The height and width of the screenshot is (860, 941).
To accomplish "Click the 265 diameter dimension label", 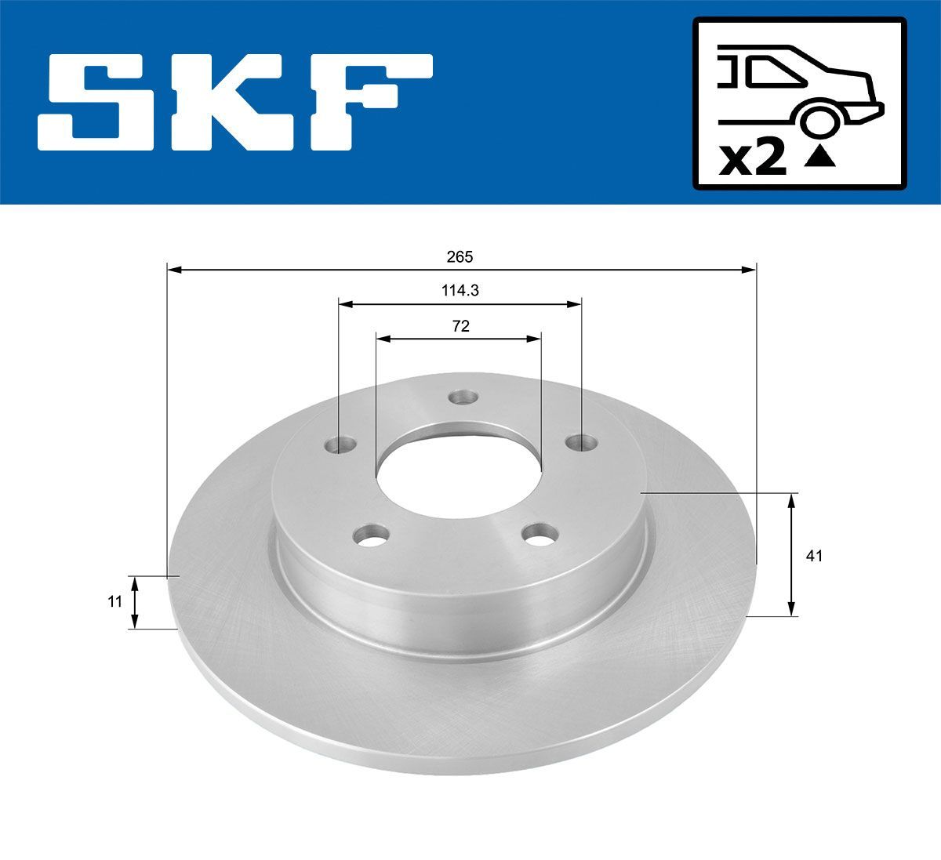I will coord(460,256).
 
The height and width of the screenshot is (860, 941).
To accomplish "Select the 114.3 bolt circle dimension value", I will coord(460,290).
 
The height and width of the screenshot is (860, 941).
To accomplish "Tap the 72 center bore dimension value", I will coord(460,326).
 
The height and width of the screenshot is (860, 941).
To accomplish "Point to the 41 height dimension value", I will coord(814,556).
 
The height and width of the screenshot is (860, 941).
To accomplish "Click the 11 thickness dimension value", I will coord(114,602).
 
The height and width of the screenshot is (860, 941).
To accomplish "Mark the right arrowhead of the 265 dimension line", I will coord(750,270).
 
